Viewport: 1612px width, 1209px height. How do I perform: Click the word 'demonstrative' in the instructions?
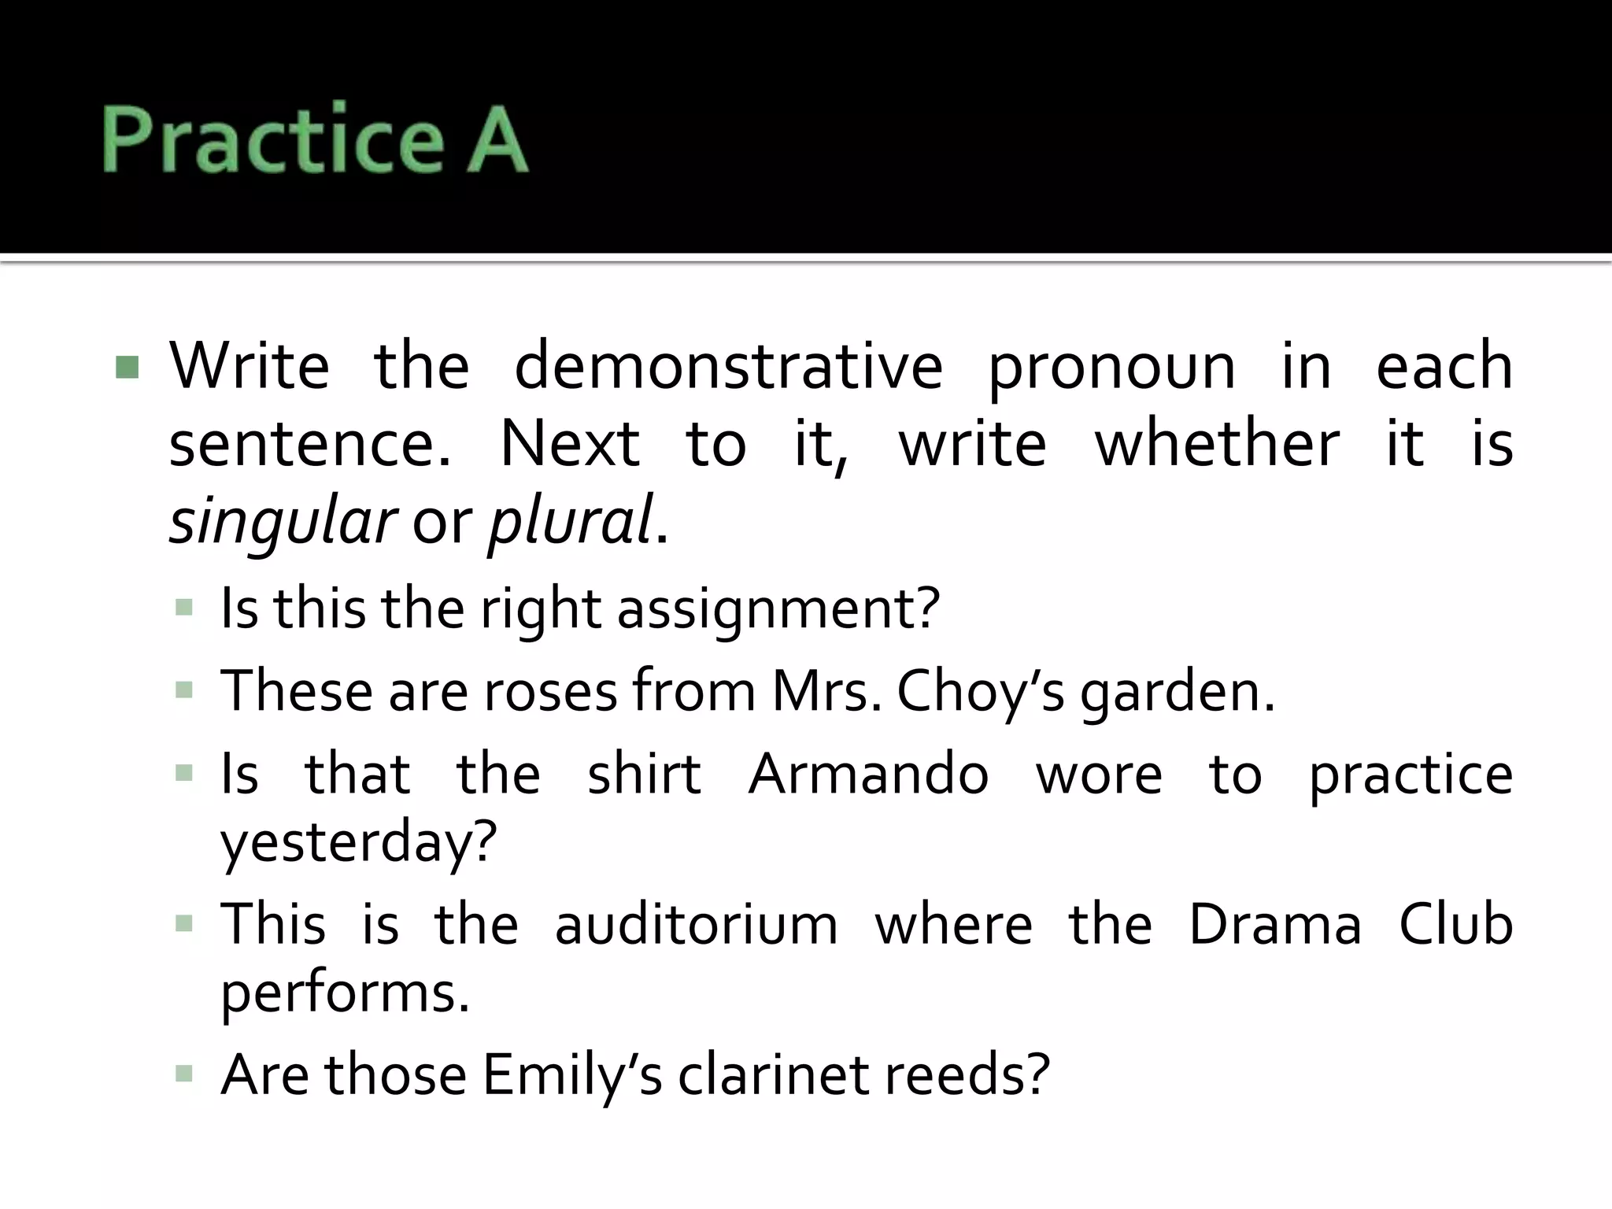[x=728, y=366]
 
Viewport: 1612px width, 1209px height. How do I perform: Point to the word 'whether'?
[x=1217, y=444]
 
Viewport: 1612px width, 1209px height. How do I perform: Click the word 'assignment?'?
[x=778, y=610]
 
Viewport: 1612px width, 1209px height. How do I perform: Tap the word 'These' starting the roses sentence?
[x=297, y=691]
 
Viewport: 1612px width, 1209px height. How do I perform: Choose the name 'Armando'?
[x=868, y=774]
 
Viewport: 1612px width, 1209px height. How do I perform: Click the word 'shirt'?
[x=644, y=774]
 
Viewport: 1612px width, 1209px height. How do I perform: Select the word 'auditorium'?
[x=697, y=924]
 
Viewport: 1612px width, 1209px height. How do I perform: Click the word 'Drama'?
[x=1274, y=924]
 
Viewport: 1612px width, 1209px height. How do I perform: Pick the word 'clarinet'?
[x=774, y=1075]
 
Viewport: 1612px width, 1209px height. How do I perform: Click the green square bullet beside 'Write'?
[x=127, y=367]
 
